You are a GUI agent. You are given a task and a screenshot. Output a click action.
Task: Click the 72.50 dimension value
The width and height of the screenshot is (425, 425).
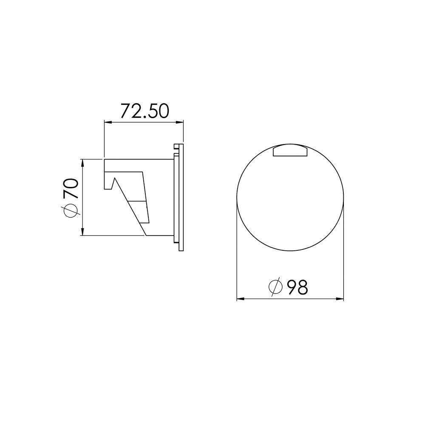click(x=144, y=111)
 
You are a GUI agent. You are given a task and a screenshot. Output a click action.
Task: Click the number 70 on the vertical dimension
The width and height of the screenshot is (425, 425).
click(x=71, y=189)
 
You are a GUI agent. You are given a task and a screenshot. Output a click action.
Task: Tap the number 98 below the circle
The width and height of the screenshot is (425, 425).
click(x=297, y=287)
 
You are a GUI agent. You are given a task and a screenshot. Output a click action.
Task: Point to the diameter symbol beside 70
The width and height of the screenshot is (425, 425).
click(x=71, y=210)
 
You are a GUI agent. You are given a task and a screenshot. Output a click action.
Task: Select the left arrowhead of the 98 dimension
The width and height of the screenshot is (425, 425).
click(x=241, y=299)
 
